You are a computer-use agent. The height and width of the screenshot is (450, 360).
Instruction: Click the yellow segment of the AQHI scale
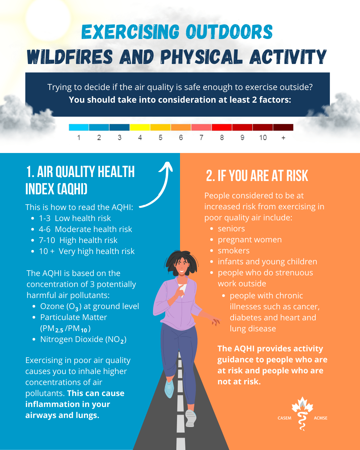click(x=140, y=127)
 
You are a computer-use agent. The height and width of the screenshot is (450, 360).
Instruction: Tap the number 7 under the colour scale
click(x=201, y=138)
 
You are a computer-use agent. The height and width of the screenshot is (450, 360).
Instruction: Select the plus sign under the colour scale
click(x=283, y=138)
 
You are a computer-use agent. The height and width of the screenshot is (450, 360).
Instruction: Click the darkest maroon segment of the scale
click(x=283, y=127)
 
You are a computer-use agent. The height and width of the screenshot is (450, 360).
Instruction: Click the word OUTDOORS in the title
click(x=229, y=32)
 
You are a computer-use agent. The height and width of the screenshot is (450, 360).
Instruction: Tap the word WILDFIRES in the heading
click(x=70, y=57)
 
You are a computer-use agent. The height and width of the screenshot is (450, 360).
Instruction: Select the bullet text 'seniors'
click(x=231, y=229)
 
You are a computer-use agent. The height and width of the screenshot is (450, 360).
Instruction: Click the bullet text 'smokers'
click(x=234, y=251)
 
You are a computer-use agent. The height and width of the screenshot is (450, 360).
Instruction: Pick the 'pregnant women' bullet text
click(x=250, y=240)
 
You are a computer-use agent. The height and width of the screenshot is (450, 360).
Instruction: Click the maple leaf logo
click(x=302, y=413)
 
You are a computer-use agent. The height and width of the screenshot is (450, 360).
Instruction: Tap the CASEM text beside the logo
click(x=284, y=418)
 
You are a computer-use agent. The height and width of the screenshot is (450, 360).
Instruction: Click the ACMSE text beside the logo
click(x=320, y=418)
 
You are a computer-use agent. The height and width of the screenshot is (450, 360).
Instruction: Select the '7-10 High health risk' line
click(x=78, y=240)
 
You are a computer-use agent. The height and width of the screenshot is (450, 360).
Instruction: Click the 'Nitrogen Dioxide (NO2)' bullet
click(x=83, y=340)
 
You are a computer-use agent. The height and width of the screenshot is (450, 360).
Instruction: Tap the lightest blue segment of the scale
click(x=79, y=127)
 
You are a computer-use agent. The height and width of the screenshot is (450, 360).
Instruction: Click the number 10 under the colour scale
click(x=263, y=138)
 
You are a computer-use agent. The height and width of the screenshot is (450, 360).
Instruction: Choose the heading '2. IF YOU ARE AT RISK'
click(x=257, y=176)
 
